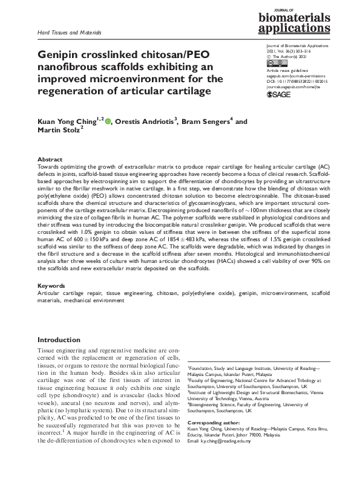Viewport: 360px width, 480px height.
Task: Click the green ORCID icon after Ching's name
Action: [108, 122]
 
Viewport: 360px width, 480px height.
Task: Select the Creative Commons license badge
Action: [276, 63]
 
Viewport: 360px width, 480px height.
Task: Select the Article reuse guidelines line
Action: [288, 70]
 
